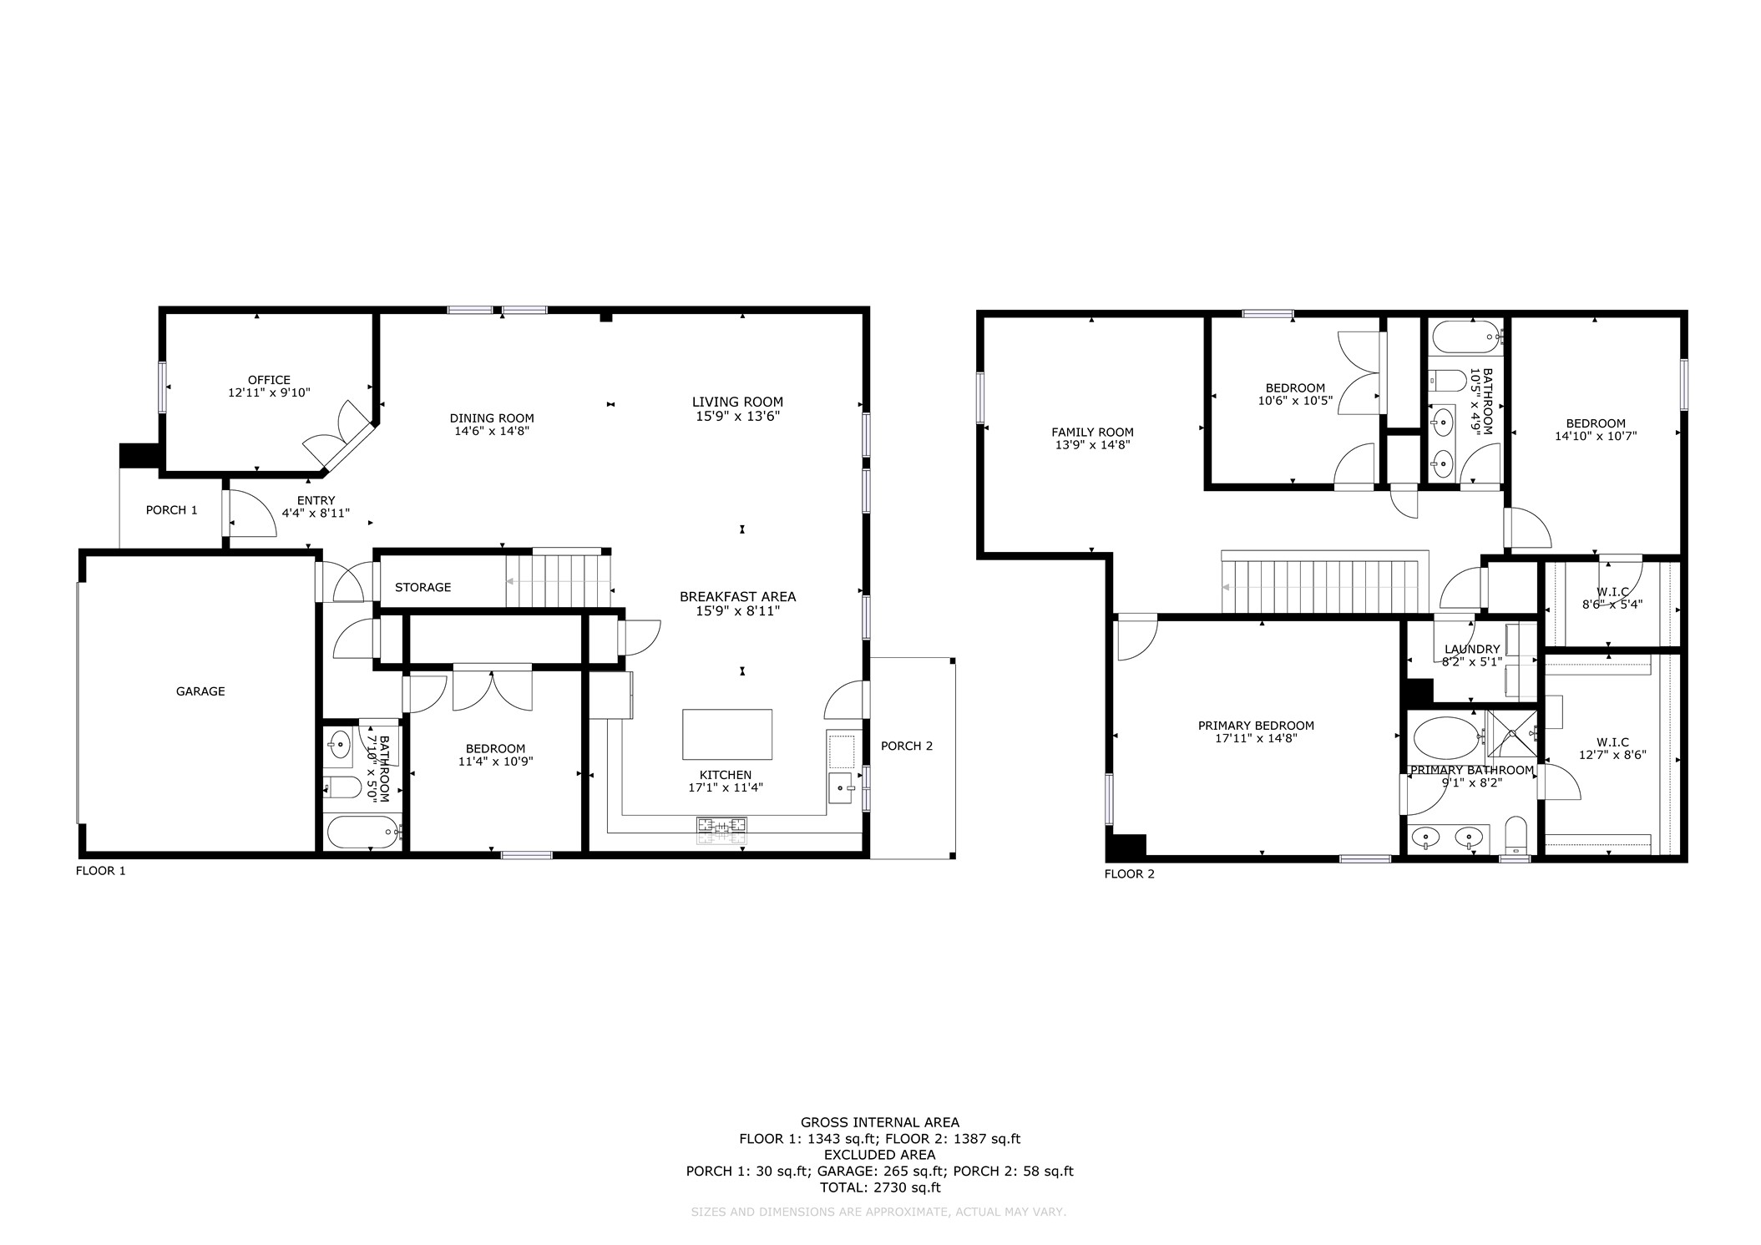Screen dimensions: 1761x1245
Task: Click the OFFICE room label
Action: click(269, 380)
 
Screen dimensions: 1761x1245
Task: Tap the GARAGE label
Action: click(200, 691)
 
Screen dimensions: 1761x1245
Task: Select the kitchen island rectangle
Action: click(727, 734)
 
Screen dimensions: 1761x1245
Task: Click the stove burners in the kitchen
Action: click(722, 826)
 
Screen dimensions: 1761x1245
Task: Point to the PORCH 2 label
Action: click(907, 746)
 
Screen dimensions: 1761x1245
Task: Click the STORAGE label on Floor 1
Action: click(423, 587)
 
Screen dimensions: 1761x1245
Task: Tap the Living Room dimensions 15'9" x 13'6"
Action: click(738, 416)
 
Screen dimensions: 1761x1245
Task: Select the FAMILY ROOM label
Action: click(1092, 433)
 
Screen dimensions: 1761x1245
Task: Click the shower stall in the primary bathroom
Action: click(1512, 735)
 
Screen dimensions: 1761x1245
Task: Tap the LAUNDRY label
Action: click(1472, 649)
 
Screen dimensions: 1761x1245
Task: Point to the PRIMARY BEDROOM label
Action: click(1256, 726)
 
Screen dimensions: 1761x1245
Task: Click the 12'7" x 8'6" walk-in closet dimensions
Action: click(1612, 754)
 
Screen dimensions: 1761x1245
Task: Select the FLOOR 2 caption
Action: click(1130, 874)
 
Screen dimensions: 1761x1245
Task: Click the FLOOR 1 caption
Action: click(101, 871)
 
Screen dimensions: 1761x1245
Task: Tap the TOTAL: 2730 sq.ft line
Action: click(880, 1187)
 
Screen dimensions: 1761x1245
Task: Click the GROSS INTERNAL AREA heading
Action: click(880, 1122)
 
